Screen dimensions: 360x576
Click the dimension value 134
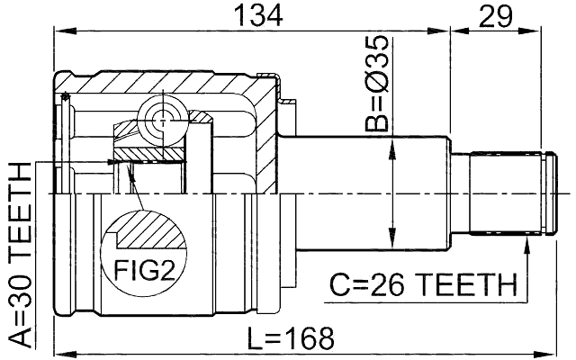[x=258, y=15]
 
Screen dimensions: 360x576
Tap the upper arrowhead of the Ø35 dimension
[x=391, y=149]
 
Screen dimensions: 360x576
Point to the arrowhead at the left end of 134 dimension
[x=59, y=30]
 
